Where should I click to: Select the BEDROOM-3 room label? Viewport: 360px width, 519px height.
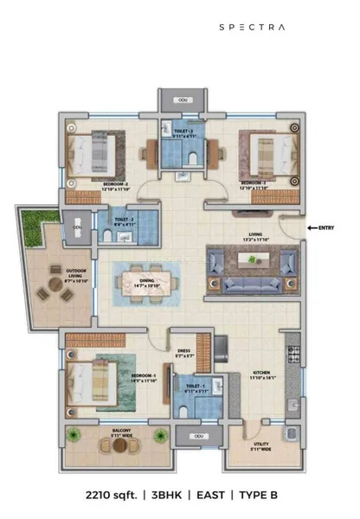point(253,183)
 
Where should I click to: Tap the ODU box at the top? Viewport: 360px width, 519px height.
point(182,101)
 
